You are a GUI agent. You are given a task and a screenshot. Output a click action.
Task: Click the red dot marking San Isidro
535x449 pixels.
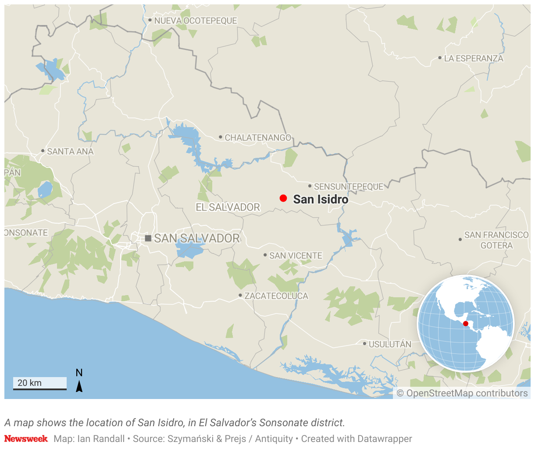tap(283, 198)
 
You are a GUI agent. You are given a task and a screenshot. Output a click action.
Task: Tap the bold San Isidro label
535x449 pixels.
tap(321, 199)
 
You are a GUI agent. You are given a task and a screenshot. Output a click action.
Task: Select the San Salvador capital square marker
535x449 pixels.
tap(148, 238)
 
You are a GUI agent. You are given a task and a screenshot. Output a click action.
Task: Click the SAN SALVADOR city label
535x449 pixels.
tap(197, 238)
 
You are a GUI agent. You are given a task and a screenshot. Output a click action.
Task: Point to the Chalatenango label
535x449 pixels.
tap(258, 138)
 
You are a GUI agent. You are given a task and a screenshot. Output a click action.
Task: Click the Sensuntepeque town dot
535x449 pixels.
tap(310, 186)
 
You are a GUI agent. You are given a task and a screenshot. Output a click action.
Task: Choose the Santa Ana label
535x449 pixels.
tap(70, 151)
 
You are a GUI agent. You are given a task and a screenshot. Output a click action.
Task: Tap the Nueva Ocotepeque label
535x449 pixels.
tap(196, 21)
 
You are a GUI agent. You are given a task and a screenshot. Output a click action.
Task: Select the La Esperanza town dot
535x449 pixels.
tap(440, 58)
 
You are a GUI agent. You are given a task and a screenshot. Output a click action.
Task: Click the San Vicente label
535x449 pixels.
tap(296, 256)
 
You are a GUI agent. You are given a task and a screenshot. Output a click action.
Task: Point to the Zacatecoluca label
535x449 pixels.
tap(276, 296)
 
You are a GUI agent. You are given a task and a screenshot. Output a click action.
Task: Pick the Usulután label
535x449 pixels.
tap(390, 344)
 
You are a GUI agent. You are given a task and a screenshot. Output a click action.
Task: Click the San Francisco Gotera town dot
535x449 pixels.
tap(460, 239)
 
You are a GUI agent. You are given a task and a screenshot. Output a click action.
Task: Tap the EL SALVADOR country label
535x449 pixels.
tap(228, 207)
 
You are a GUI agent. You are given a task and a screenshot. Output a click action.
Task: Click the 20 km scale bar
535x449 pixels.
tap(39, 384)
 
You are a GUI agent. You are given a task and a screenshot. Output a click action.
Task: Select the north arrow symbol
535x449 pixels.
tap(79, 386)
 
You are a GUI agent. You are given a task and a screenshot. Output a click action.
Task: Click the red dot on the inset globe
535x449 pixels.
tap(466, 324)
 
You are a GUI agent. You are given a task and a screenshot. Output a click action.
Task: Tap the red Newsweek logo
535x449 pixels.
tap(26, 438)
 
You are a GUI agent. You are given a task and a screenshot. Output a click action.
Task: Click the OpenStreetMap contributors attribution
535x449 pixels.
tap(462, 393)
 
